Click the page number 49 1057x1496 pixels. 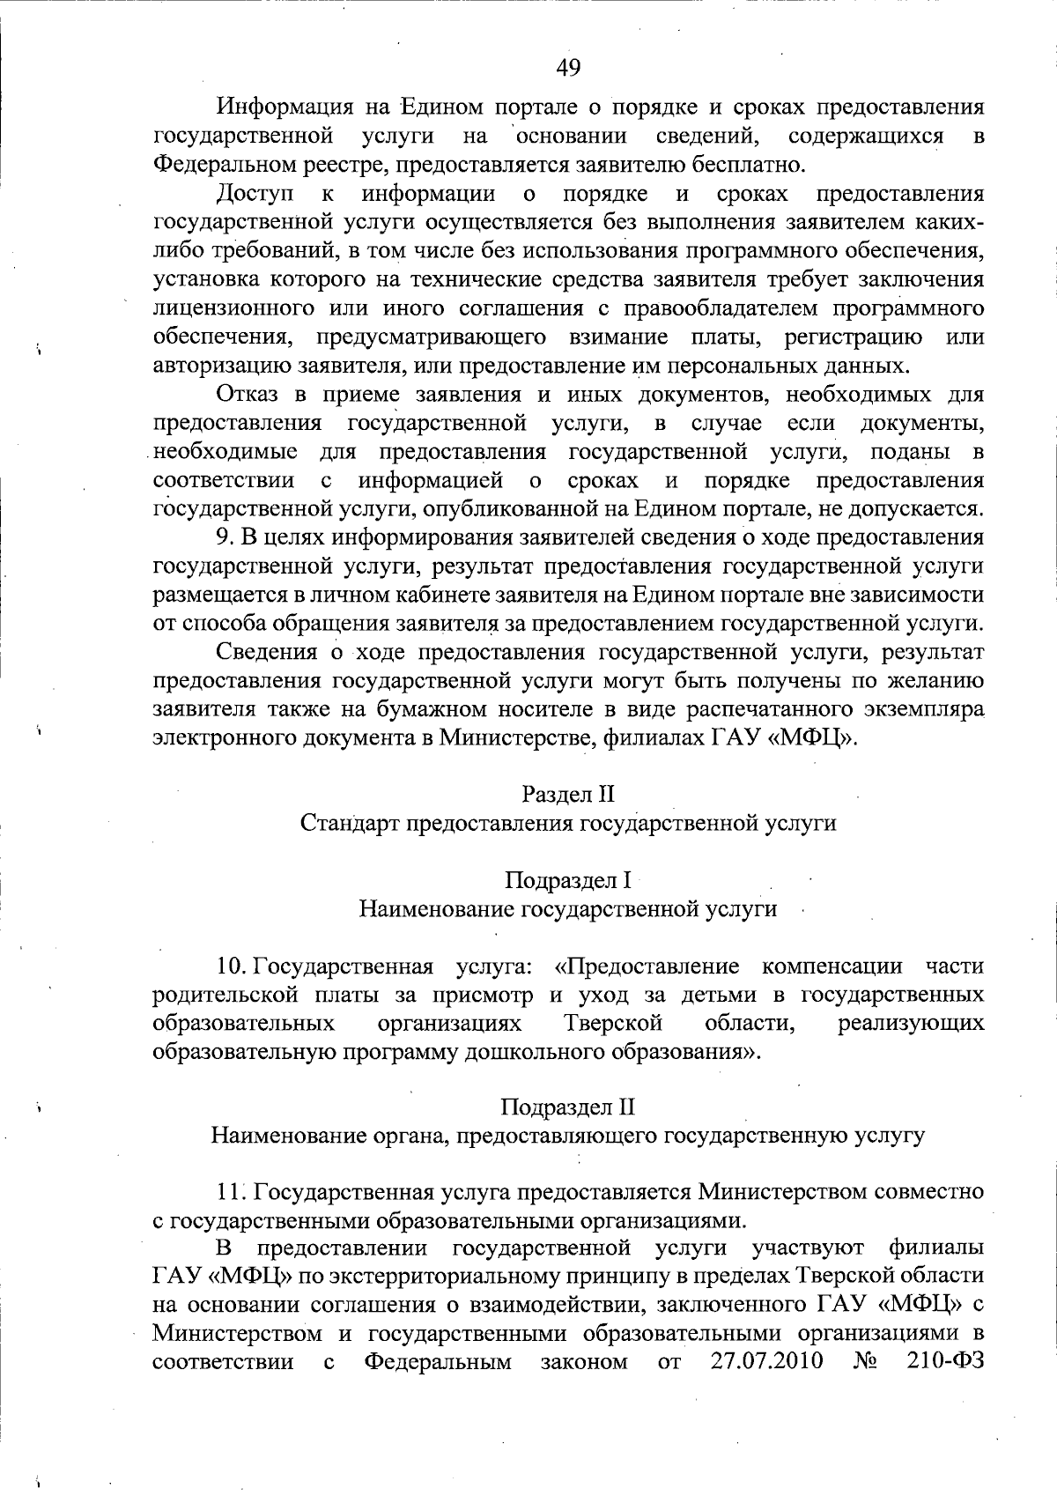(x=568, y=67)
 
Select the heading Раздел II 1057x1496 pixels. (x=567, y=795)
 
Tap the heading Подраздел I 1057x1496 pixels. (x=568, y=880)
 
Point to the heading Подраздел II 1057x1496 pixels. (x=568, y=1107)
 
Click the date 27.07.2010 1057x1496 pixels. (x=766, y=1361)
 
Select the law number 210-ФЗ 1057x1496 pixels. (x=944, y=1361)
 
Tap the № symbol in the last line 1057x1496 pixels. (x=865, y=1361)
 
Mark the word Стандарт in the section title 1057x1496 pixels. (x=347, y=824)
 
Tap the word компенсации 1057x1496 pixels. (x=832, y=966)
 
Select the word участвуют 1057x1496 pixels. (x=808, y=1248)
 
